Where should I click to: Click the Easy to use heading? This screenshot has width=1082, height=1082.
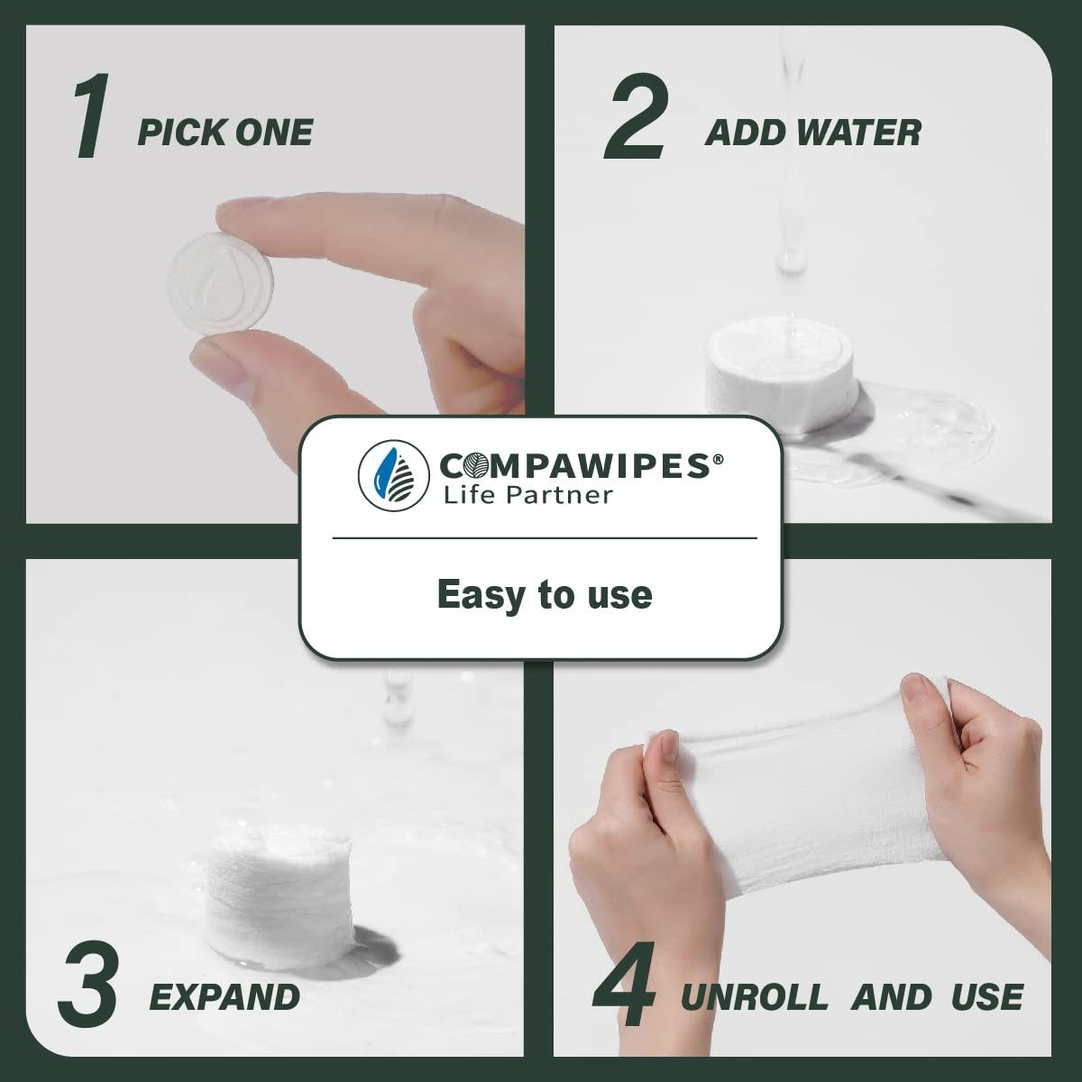(544, 594)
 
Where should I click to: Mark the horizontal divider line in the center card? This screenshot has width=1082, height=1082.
(544, 538)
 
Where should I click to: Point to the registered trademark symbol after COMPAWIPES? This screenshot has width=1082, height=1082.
(718, 457)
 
